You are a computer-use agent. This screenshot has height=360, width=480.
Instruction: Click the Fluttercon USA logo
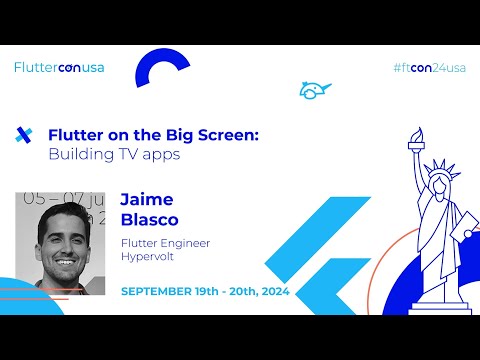point(59,68)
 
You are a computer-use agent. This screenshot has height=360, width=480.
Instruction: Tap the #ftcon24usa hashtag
point(430,68)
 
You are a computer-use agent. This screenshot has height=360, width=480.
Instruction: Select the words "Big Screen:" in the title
point(218,134)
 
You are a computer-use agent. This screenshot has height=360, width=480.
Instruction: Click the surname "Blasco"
point(148,220)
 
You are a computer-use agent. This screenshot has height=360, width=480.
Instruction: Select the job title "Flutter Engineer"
point(165,243)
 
